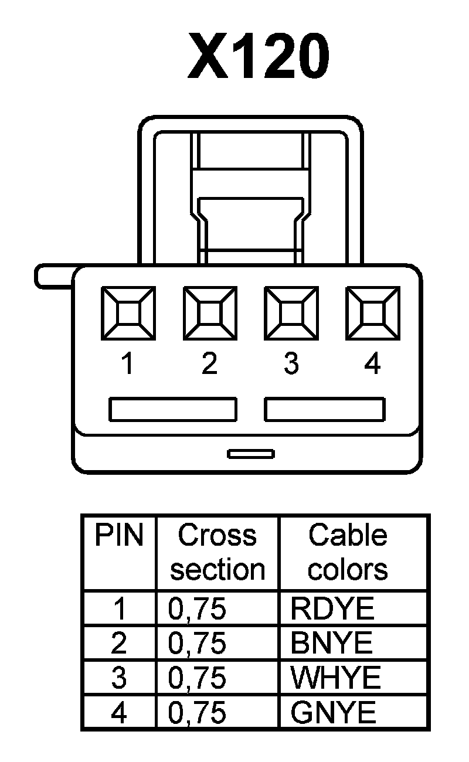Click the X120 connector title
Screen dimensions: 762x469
[258, 56]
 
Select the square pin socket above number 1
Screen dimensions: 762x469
[128, 312]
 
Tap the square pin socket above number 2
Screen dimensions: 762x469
[210, 312]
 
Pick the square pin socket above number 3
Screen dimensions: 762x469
[291, 312]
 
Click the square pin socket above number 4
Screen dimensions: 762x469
[373, 312]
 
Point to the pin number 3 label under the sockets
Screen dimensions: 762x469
[291, 364]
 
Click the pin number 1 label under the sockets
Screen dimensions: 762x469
[127, 364]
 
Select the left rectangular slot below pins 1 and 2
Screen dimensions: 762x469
[173, 409]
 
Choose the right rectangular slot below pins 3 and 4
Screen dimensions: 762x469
[324, 409]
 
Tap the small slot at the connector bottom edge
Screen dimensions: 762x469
[251, 454]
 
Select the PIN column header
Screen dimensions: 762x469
[119, 535]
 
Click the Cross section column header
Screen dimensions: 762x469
[217, 552]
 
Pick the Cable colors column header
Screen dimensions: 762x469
[348, 552]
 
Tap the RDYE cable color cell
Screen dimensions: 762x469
[332, 609]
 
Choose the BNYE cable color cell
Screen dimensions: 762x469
[332, 644]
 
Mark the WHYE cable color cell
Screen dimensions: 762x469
[336, 678]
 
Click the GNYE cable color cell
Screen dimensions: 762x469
[333, 713]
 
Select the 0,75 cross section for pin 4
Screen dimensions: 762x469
[197, 713]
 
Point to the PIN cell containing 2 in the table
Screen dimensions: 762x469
[119, 644]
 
